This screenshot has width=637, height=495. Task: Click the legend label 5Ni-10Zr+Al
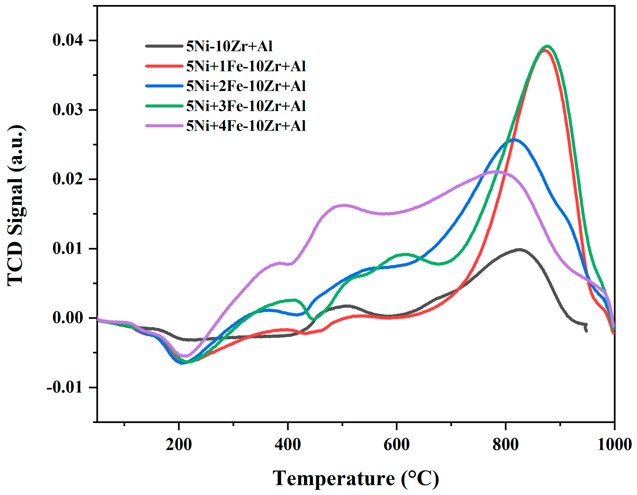point(229,46)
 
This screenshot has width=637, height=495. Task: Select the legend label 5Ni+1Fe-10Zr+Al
point(246,66)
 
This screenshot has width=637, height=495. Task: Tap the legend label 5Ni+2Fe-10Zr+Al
point(246,86)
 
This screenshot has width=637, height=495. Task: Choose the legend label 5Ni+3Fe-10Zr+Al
point(246,106)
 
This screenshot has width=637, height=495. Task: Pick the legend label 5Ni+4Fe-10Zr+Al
point(246,126)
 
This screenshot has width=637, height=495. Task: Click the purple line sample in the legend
point(164,126)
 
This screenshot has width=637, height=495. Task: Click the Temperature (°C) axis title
point(356,478)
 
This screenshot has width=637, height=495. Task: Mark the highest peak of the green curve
point(547,46)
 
